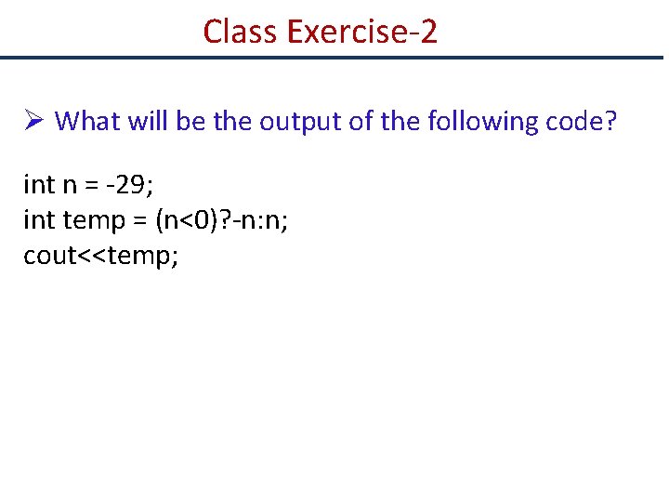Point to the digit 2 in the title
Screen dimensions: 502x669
click(427, 32)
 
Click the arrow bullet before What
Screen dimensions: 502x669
click(33, 122)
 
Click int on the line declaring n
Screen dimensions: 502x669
click(39, 185)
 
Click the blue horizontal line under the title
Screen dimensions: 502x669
click(334, 58)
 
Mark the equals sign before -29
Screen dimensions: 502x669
click(93, 185)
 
